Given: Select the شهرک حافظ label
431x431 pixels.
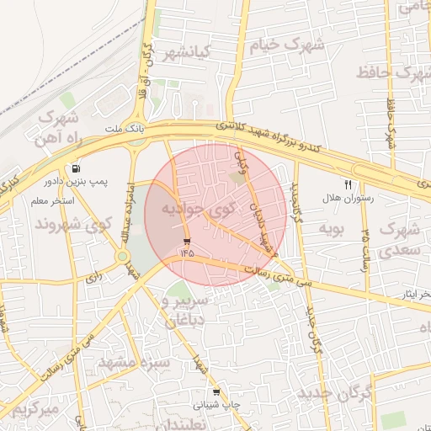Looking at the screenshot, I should coord(391,72).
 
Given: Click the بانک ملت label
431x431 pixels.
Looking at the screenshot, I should coord(125,129).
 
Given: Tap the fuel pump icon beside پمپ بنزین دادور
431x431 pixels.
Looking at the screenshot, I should coord(77,168).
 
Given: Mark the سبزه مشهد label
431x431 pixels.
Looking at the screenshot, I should coord(135,362).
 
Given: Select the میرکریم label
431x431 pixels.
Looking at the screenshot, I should coord(32,410).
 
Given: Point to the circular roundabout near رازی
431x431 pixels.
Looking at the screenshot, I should coord(124,256).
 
